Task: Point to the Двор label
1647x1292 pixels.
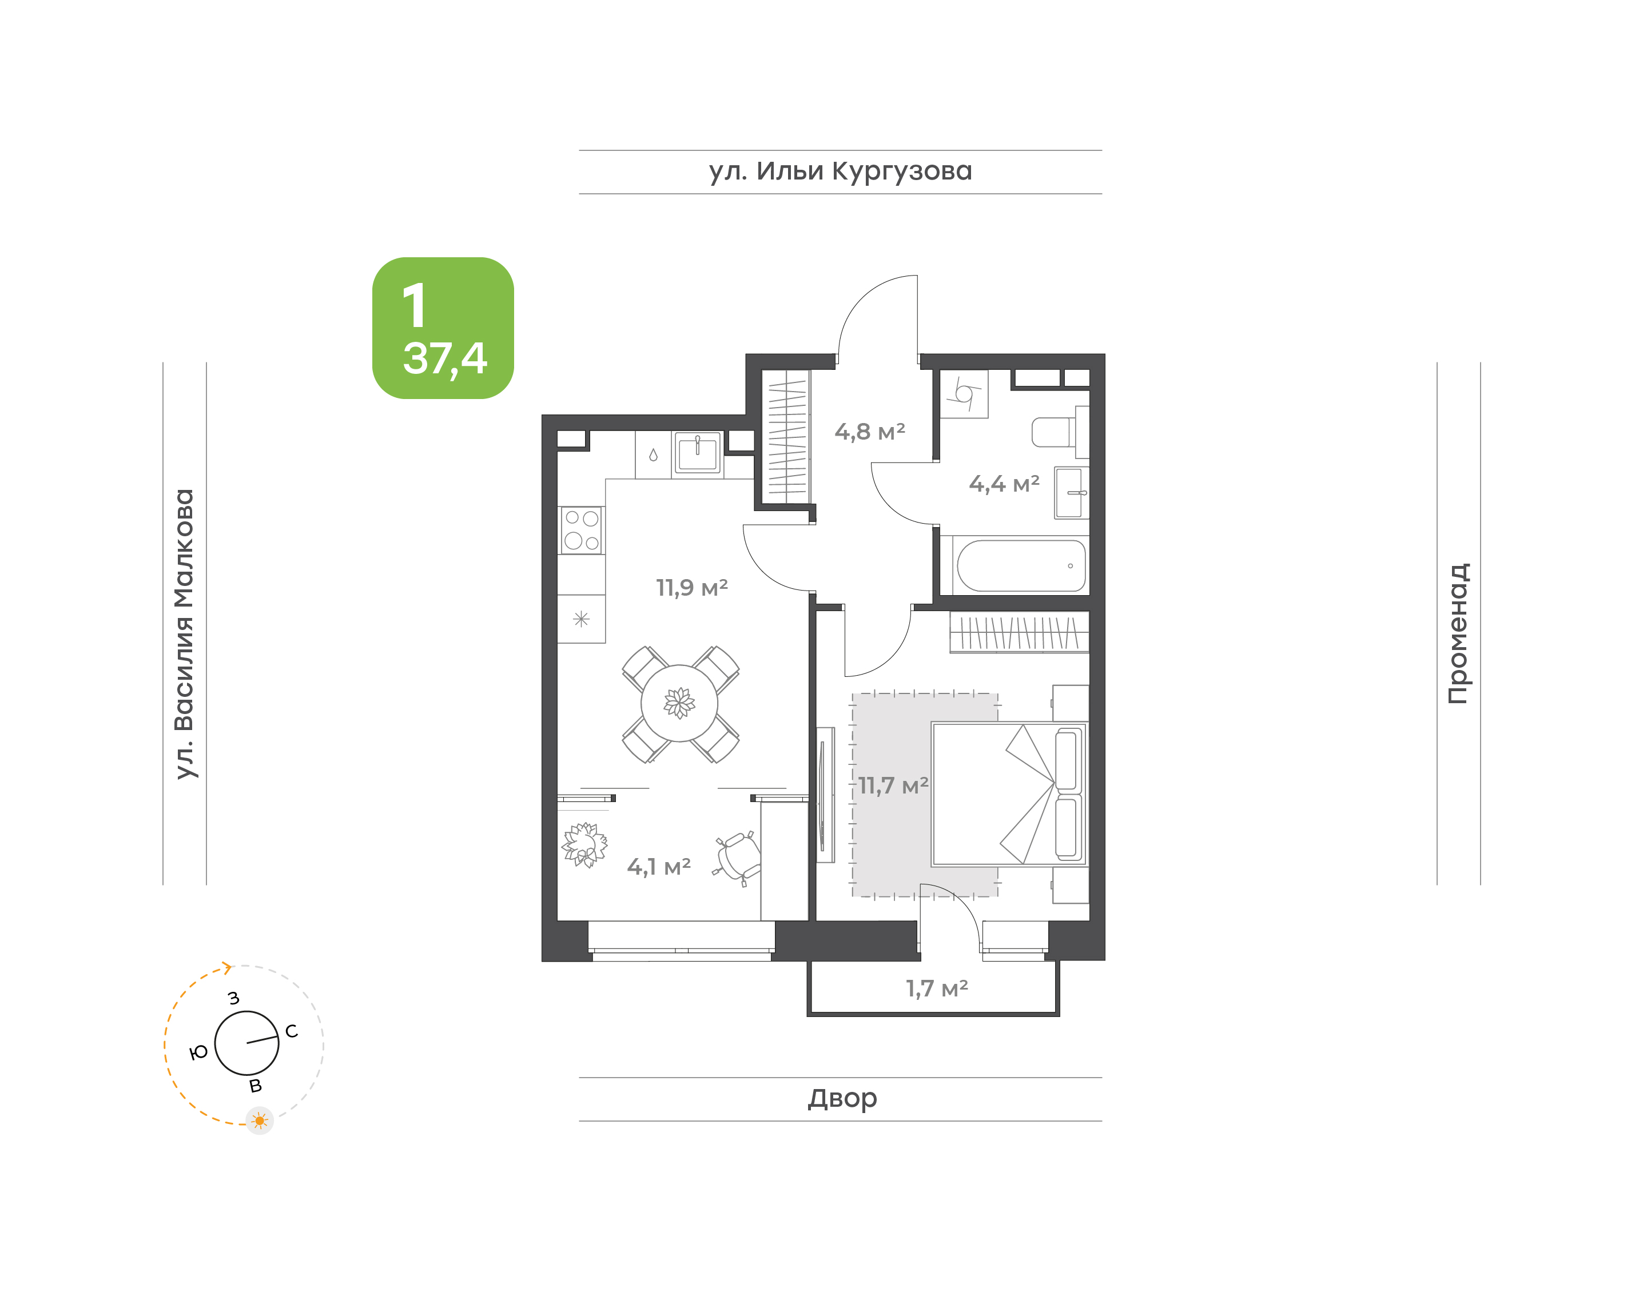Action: [842, 1098]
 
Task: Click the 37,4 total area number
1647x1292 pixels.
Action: [445, 358]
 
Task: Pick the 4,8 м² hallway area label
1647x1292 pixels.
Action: [869, 432]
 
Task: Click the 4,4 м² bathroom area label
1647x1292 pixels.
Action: [1004, 484]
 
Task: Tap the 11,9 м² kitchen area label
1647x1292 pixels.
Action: [691, 588]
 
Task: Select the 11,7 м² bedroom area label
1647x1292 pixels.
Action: [893, 786]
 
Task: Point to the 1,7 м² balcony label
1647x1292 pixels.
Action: [937, 988]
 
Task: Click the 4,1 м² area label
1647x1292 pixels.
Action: [658, 867]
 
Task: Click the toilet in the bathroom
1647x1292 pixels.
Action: [1060, 432]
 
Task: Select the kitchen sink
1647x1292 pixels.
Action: [698, 453]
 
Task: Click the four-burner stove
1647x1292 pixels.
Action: [581, 529]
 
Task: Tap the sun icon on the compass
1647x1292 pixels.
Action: [260, 1120]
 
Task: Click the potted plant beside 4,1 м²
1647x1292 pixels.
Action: [584, 845]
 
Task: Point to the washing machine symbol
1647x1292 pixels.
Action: [965, 393]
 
